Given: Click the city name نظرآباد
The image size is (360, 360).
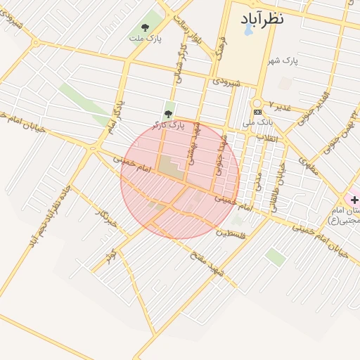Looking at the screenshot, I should pyautogui.click(x=262, y=18).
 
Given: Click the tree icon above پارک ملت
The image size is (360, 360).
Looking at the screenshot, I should pyautogui.click(x=145, y=27).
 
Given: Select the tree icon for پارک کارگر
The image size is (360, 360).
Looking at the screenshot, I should pyautogui.click(x=168, y=113).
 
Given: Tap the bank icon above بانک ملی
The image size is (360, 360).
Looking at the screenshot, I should pyautogui.click(x=258, y=112).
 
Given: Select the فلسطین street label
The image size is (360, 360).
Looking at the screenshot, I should pyautogui.click(x=231, y=233).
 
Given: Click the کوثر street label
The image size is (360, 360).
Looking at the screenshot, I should pyautogui.click(x=110, y=255).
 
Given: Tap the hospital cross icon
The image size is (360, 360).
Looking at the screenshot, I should pyautogui.click(x=354, y=200).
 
